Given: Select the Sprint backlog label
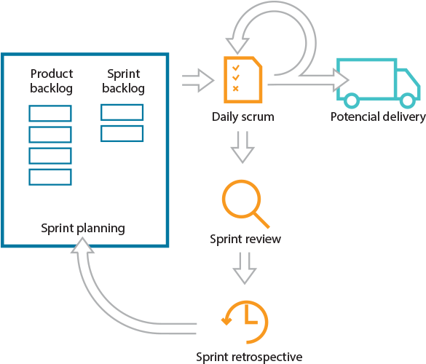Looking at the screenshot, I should [x=125, y=81].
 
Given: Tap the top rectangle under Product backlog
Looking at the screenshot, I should [x=50, y=114].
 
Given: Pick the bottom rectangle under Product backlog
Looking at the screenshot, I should [x=50, y=177].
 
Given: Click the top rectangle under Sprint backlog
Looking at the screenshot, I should [x=122, y=112].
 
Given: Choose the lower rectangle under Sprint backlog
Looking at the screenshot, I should [x=122, y=133].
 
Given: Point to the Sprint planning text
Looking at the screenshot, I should [x=82, y=228].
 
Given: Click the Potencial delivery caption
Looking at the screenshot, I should [x=377, y=117].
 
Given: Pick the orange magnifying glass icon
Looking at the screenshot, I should [x=244, y=205].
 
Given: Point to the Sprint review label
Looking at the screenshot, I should [x=245, y=239].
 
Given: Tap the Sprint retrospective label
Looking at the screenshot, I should [x=248, y=356].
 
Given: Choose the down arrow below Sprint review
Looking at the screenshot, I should [x=243, y=270].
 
